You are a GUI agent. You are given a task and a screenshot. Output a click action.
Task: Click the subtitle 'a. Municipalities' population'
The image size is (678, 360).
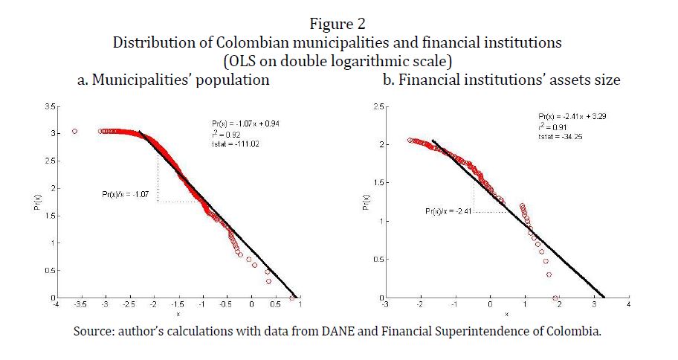tap(173, 80)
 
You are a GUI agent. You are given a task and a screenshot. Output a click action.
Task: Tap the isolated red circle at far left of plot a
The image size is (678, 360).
tap(74, 131)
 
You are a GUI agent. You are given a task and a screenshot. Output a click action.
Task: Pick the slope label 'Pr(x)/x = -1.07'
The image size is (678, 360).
tap(127, 194)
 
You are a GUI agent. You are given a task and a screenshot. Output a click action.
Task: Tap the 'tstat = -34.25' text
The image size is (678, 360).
tap(558, 137)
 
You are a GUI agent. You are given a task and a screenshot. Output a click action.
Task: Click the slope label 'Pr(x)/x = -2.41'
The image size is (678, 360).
tap(449, 211)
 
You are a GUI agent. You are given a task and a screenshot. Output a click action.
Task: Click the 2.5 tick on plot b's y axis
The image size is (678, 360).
tap(378, 107)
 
